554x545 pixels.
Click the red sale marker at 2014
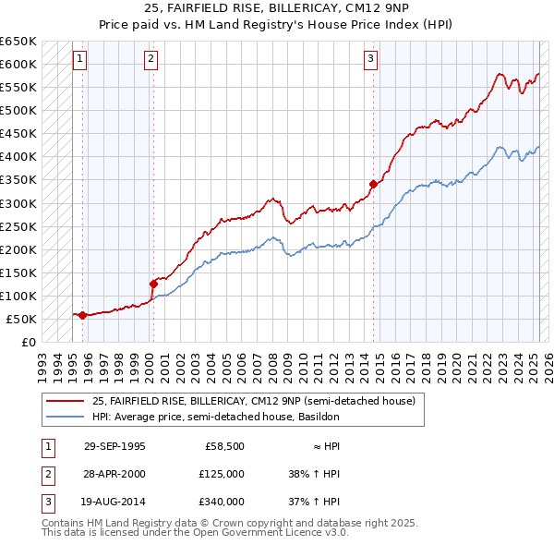(x=374, y=184)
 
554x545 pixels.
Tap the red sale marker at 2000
(x=153, y=284)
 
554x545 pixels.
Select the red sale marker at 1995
(x=83, y=315)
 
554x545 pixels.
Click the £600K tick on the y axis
(x=18, y=64)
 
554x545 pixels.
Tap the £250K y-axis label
(x=18, y=226)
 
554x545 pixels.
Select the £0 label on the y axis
(x=28, y=342)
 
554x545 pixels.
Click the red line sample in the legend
(x=66, y=401)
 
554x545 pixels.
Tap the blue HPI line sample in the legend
(x=66, y=417)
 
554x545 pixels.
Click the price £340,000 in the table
(x=222, y=502)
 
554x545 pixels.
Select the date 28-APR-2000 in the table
(x=114, y=474)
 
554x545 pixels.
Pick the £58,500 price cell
(x=224, y=446)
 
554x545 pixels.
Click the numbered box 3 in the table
(x=45, y=502)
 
